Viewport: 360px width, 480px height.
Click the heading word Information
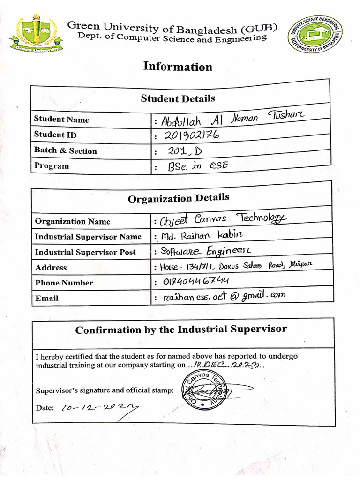click(178, 67)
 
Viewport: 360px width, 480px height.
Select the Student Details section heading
click(178, 98)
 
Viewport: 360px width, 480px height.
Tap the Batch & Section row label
click(65, 150)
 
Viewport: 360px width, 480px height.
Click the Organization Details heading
click(179, 198)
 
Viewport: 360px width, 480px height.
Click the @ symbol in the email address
click(233, 296)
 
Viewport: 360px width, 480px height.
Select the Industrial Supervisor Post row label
click(85, 252)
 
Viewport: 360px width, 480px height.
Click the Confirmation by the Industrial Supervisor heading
click(181, 330)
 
